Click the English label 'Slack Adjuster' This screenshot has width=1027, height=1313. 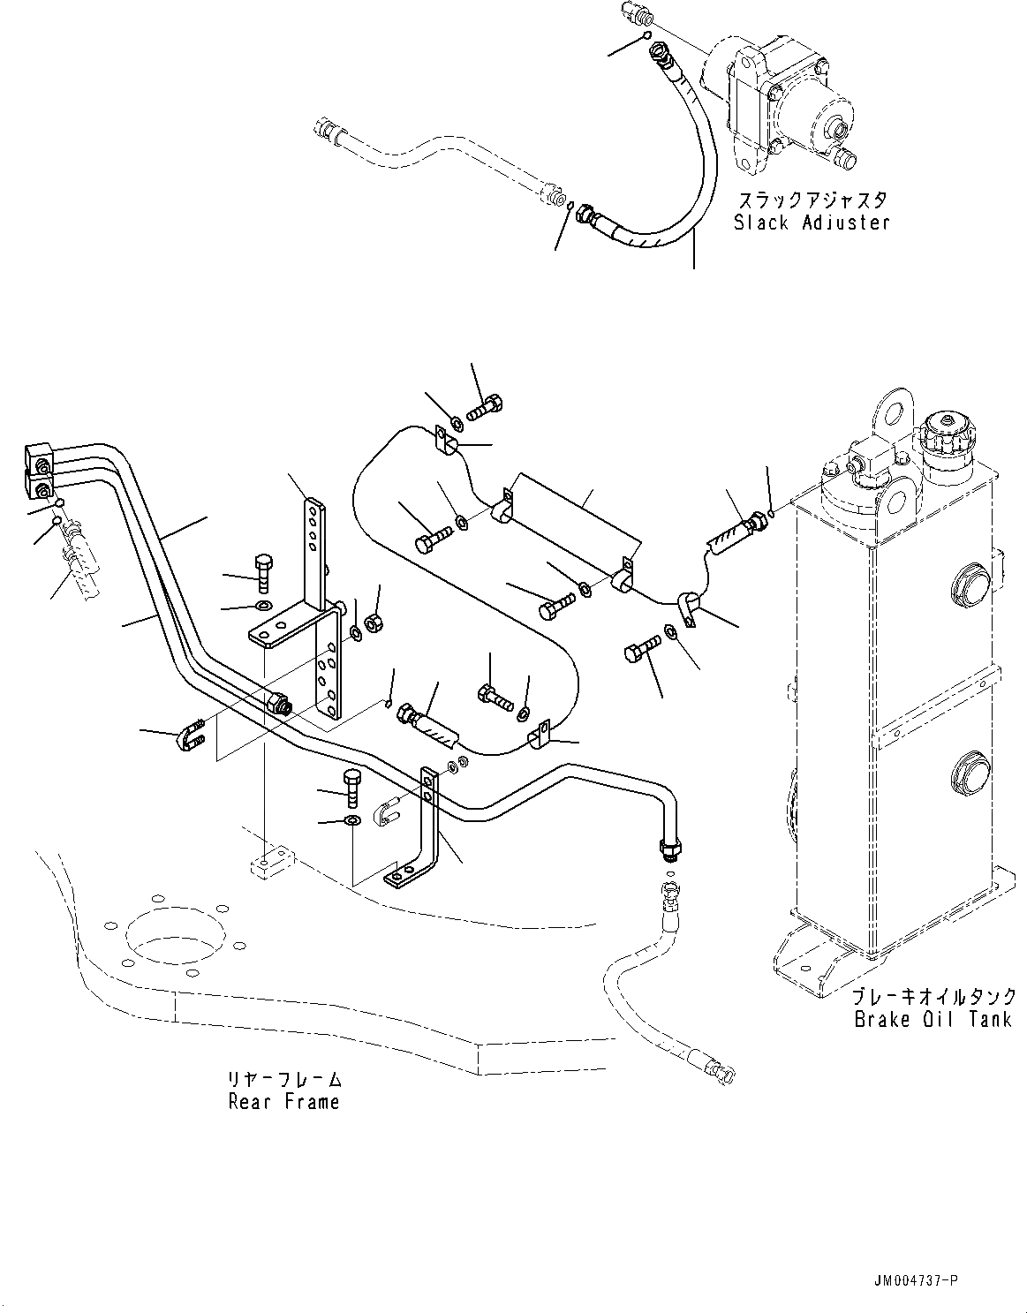point(812,223)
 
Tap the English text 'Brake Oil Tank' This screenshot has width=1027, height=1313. point(933,1020)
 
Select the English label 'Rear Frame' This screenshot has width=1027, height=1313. point(283,1102)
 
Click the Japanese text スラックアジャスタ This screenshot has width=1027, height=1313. point(812,200)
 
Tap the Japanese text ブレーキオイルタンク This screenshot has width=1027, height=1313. point(934,997)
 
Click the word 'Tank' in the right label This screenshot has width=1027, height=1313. point(991,1020)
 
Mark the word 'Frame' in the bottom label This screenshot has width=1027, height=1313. point(312,1102)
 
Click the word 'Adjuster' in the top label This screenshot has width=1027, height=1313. point(846,223)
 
